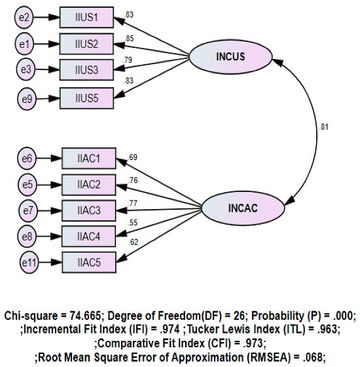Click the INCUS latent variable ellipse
coord(230,56)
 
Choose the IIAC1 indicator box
coord(90,158)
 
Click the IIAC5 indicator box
coord(90,261)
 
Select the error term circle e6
coord(27,159)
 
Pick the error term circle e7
coord(27,210)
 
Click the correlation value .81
coord(323,127)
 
